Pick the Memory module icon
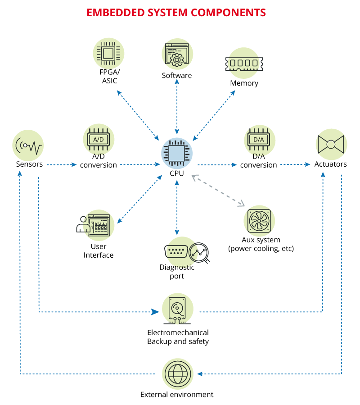pos(243,64)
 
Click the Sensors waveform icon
pos(28,146)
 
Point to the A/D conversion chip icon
pos(99,140)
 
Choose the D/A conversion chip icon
pos(259,140)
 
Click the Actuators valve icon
pos(330,144)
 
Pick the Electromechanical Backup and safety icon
pos(177,309)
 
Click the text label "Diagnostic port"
pos(177,272)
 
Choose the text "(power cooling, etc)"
pos(261,248)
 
